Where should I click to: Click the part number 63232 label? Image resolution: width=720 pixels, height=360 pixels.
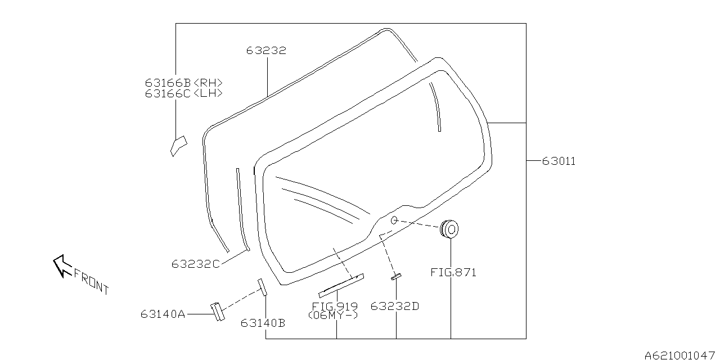(x=266, y=51)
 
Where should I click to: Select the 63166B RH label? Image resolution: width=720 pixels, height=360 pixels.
(x=183, y=83)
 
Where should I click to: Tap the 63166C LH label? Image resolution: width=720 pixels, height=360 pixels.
(x=183, y=93)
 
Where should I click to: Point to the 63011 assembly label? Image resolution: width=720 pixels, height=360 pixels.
(x=559, y=161)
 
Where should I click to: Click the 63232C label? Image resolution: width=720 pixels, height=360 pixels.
(x=195, y=264)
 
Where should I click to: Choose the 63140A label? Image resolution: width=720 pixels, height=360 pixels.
(x=163, y=314)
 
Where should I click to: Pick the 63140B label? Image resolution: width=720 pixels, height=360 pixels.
(x=263, y=323)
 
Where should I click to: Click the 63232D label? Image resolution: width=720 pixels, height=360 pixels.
(x=395, y=307)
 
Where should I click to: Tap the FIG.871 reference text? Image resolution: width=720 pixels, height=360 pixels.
(x=453, y=273)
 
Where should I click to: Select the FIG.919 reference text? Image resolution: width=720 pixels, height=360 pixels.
(x=335, y=307)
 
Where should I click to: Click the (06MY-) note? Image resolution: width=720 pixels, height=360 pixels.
(x=333, y=316)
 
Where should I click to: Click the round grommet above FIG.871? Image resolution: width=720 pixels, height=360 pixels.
(x=449, y=229)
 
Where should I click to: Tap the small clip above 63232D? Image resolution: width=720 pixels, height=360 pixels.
(x=397, y=277)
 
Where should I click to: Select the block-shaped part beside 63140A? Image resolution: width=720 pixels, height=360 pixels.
(x=218, y=312)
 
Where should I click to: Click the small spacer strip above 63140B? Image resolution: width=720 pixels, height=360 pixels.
(x=262, y=287)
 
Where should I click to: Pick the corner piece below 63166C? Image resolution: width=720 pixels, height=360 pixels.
(x=178, y=146)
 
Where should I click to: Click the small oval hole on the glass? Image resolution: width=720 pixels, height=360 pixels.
(x=394, y=220)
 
